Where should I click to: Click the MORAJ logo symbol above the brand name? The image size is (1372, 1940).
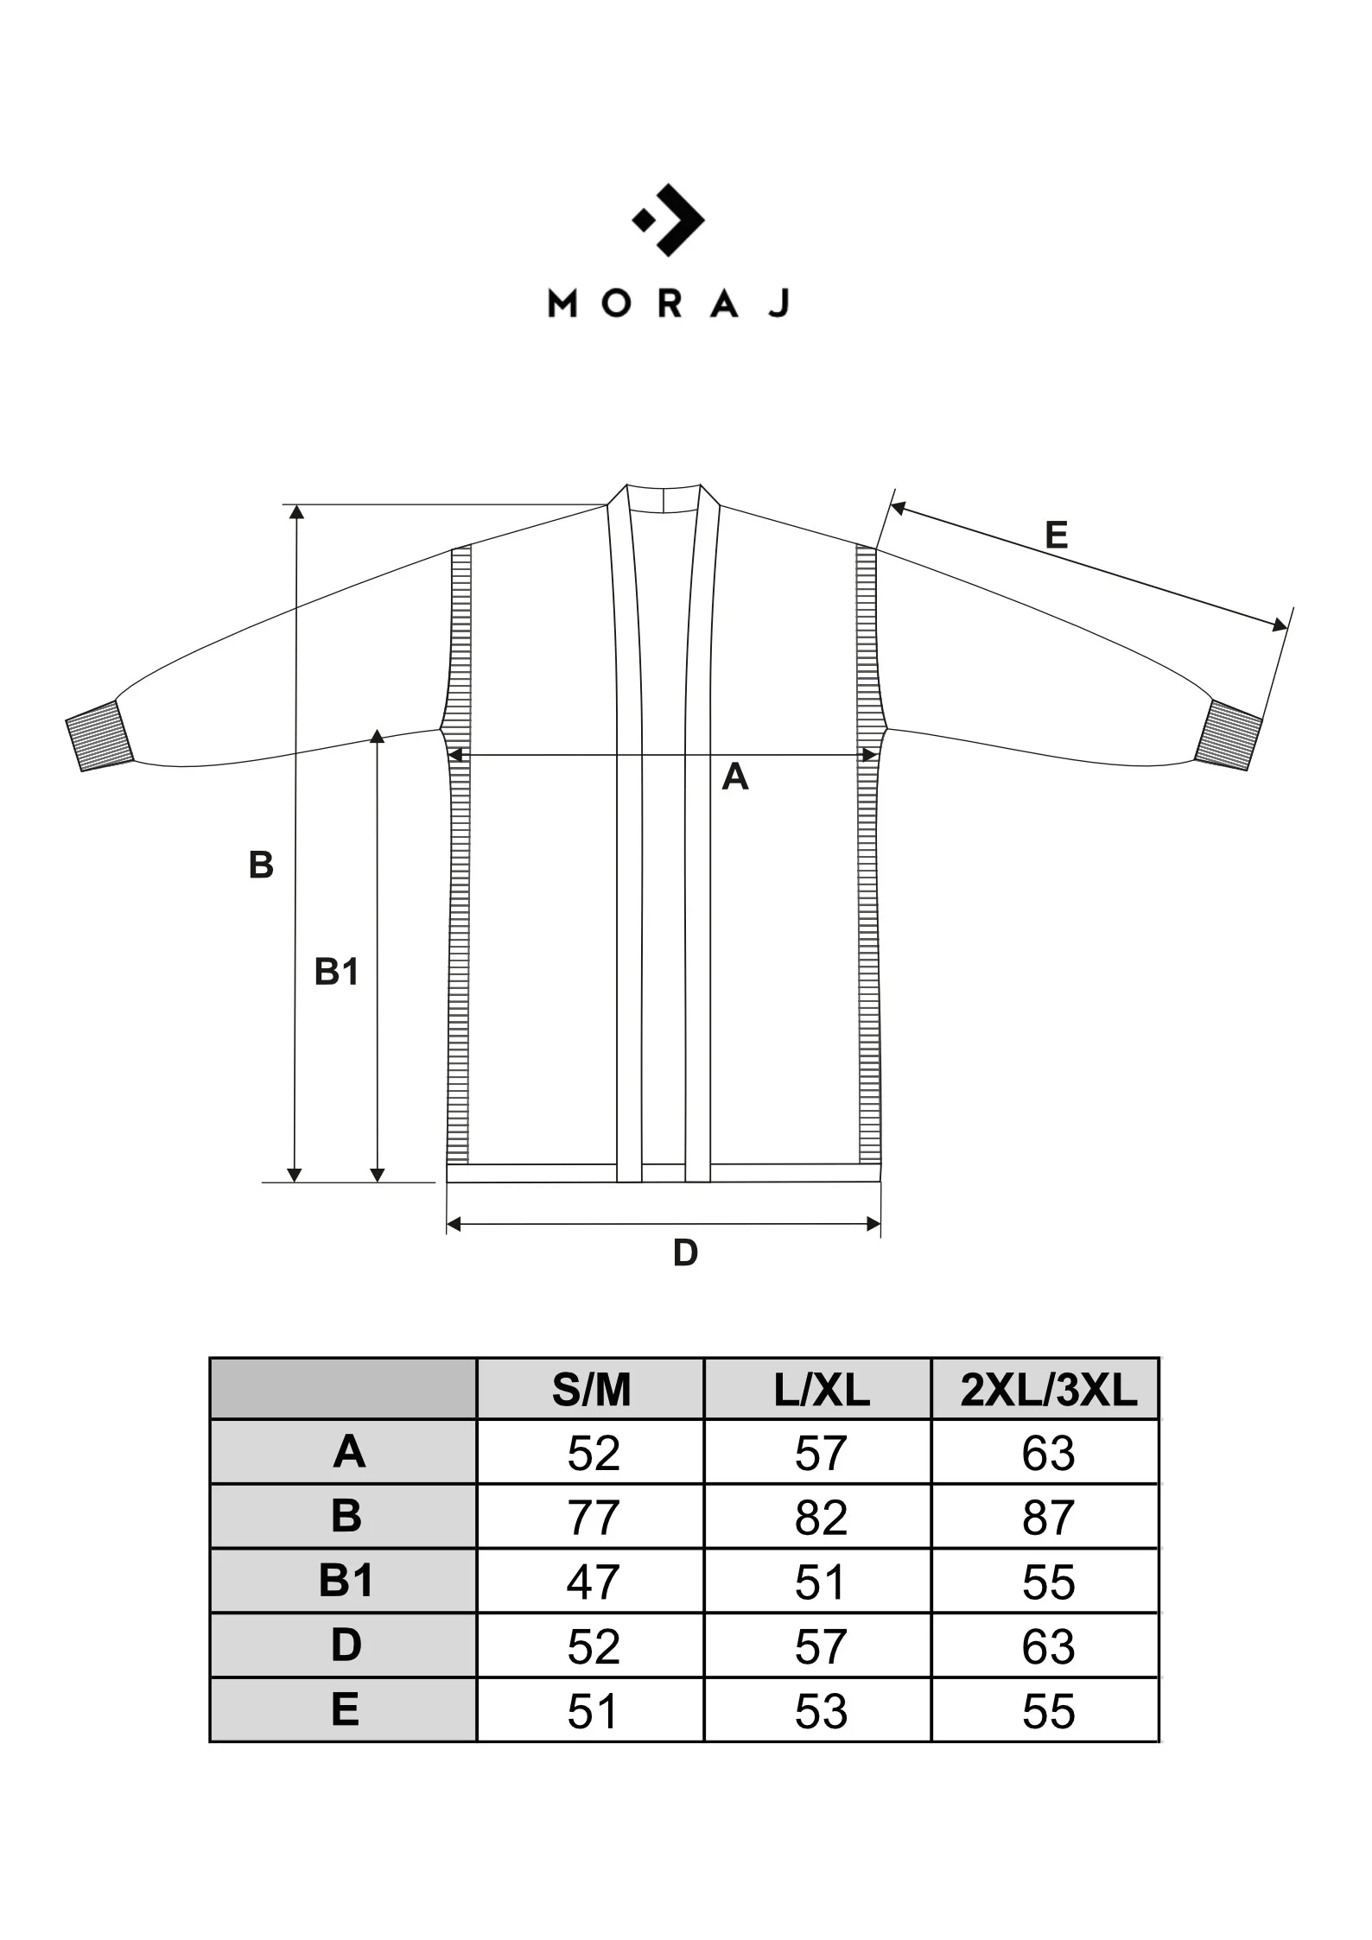point(669,219)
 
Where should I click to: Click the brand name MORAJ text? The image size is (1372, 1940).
point(669,304)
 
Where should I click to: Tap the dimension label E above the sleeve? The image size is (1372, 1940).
point(1056,536)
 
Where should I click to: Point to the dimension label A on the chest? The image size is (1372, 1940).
point(735,777)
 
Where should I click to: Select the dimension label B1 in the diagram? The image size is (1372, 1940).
point(336,972)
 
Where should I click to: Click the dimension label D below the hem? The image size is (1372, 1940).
point(685,1252)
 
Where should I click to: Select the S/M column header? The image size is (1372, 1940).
point(592,1391)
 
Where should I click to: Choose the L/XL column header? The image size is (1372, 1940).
point(822,1391)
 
